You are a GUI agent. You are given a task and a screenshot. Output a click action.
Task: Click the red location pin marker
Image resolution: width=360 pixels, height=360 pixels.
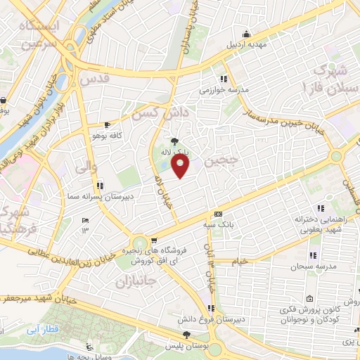181,166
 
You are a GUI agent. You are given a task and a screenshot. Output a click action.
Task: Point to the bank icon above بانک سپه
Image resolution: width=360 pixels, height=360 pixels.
218,214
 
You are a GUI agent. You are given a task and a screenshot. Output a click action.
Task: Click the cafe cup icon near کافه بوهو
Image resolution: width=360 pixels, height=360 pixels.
107,124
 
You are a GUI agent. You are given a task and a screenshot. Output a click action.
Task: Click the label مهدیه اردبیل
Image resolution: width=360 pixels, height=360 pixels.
246,44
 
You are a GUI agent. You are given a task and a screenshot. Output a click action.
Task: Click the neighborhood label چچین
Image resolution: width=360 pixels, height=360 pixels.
224,161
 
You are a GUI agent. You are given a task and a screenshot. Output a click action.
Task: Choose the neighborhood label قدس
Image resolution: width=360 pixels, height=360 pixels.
96,79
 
